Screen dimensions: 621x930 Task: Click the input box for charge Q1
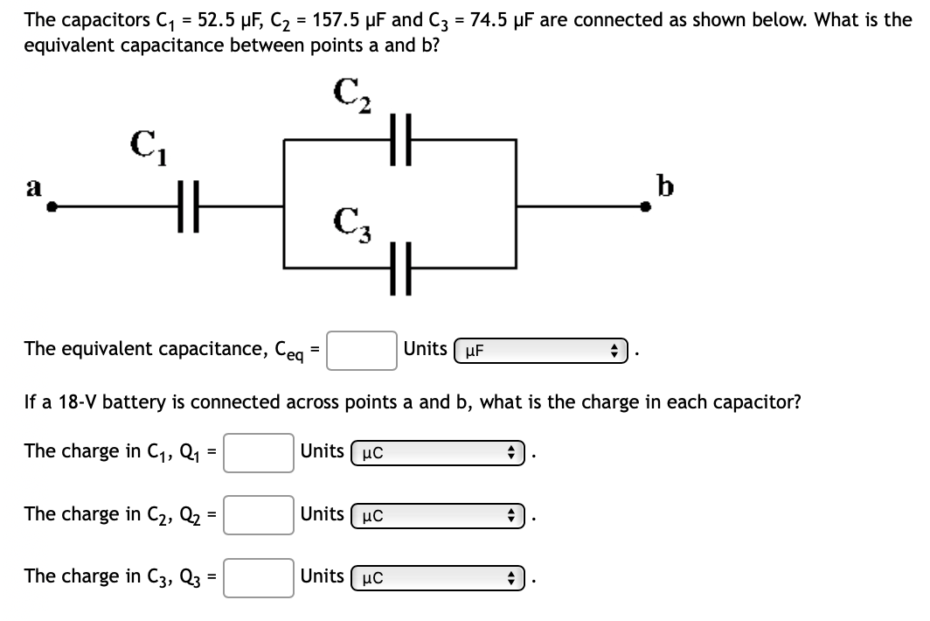pyautogui.click(x=258, y=452)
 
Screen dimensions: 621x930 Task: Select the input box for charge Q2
pyautogui.click(x=258, y=514)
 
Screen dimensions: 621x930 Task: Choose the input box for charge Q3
pyautogui.click(x=258, y=576)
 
